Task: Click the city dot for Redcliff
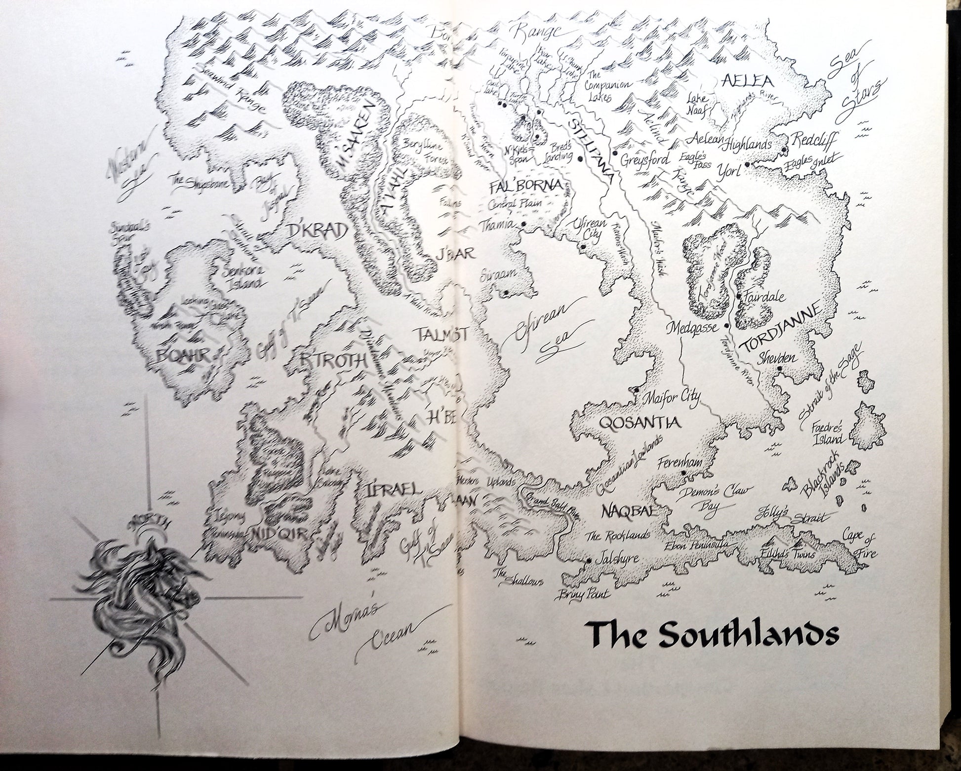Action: click(x=784, y=149)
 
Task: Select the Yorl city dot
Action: click(x=747, y=164)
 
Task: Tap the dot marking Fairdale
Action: click(x=738, y=296)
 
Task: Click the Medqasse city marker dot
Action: click(x=726, y=326)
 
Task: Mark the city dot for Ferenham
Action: click(x=683, y=473)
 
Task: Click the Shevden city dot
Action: click(x=779, y=368)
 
